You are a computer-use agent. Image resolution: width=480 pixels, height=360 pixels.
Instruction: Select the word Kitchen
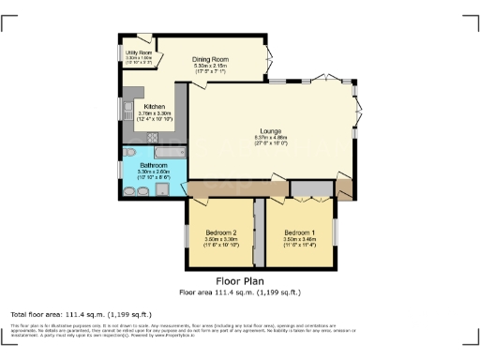point(155,106)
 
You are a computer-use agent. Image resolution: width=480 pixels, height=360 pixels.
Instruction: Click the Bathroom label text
point(152,165)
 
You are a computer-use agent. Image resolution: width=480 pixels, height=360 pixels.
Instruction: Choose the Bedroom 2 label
point(222,232)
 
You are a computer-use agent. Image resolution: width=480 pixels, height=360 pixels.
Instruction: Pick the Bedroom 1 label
point(300,232)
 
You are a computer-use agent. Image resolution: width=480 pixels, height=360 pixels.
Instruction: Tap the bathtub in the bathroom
point(163,150)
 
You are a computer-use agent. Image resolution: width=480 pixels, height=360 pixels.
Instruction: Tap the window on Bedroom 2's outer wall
point(186,234)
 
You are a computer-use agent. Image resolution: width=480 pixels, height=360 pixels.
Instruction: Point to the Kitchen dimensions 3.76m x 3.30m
point(155,113)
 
